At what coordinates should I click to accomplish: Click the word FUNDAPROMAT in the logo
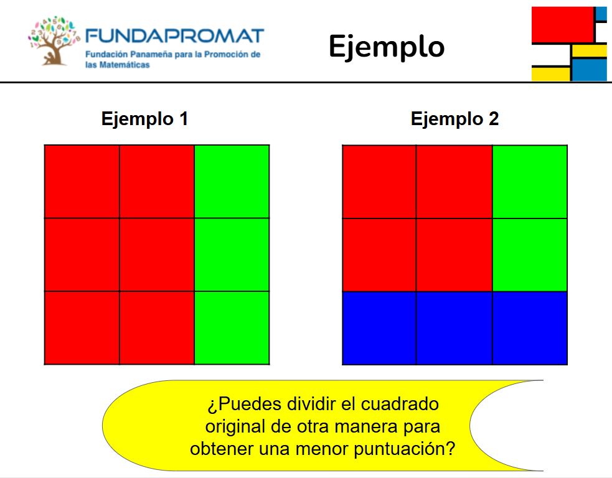(174, 36)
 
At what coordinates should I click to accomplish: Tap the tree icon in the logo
(54, 41)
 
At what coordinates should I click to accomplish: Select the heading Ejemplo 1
(144, 119)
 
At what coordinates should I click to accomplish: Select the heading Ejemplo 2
(454, 119)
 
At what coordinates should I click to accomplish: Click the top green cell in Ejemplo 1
(232, 182)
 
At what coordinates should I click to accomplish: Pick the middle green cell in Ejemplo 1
(232, 255)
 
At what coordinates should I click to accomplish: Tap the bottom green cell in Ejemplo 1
(232, 328)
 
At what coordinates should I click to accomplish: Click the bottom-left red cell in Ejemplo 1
(82, 328)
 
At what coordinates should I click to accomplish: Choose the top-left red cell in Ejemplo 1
(82, 182)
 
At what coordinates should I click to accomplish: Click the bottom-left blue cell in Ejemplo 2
(379, 328)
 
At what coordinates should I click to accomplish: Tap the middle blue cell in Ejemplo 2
(454, 328)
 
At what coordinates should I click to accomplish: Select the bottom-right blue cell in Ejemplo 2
(530, 328)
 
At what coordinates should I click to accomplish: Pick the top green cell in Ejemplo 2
(530, 182)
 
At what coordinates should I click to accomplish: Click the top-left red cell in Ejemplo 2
(379, 182)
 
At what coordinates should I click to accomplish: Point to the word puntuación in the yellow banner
(404, 449)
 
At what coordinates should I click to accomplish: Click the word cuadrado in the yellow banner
(400, 404)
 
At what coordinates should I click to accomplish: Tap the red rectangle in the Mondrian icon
(562, 24)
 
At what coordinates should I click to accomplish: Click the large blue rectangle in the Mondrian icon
(590, 70)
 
